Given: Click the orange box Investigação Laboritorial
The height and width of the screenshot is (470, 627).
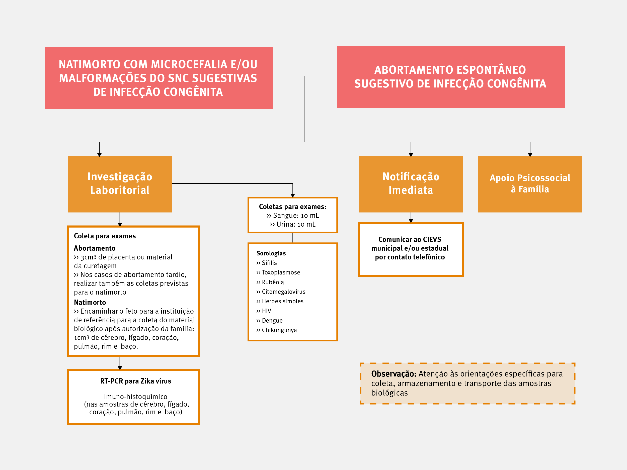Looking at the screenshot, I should coord(120,184).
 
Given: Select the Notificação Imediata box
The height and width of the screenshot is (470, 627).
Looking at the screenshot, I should coord(411,184).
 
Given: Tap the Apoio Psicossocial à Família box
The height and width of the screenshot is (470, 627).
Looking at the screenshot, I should coord(530,184).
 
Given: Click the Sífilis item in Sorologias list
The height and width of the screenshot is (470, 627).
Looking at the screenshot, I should coord(269,263).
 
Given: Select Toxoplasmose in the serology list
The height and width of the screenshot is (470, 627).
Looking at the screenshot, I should coord(280,272).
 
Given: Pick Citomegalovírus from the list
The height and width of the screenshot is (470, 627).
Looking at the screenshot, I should coord(283,292).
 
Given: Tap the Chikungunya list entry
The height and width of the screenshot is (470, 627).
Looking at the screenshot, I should coord(279,330).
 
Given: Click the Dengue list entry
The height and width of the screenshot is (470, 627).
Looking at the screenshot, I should coord(272,320).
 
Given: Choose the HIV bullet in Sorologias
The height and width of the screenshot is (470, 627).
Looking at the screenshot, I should coord(266,311).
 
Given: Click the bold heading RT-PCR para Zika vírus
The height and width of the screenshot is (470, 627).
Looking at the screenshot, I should coord(135,381).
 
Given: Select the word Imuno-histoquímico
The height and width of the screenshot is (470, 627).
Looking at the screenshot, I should coord(135,397).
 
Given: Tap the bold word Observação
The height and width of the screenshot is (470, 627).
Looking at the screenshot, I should coord(394,374).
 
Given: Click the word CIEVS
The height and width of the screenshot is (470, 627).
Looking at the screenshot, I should coord(432,240).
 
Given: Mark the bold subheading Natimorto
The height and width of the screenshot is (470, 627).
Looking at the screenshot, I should coord(90,302).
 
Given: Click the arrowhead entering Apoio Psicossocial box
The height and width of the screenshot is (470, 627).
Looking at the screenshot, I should coord(530,155).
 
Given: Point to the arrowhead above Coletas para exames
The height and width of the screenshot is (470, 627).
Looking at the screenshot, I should coord(292,196).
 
